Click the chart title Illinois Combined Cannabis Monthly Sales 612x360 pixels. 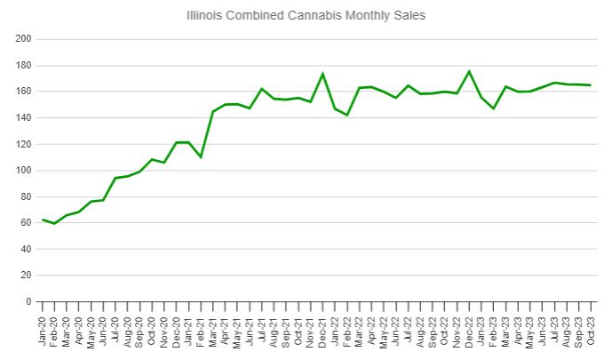coord(306,15)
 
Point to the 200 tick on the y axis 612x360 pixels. coord(24,39)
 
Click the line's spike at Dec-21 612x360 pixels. coord(322,73)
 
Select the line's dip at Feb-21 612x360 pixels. coord(201,157)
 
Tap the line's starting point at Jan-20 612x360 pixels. coord(43,220)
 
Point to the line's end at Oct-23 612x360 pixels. coord(591,85)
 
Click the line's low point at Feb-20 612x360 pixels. coord(55,223)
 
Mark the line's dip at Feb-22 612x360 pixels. coord(347,116)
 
